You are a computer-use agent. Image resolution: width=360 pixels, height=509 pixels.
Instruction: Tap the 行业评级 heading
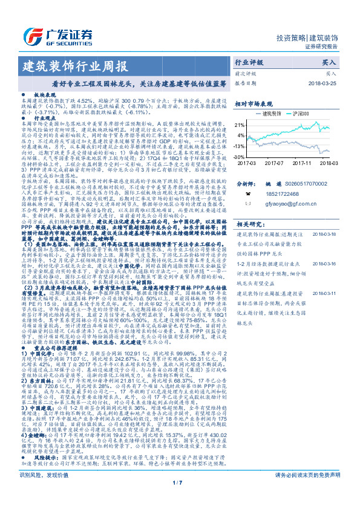click(249, 62)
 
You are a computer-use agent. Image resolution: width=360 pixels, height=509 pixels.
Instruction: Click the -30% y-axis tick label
click(240, 156)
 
